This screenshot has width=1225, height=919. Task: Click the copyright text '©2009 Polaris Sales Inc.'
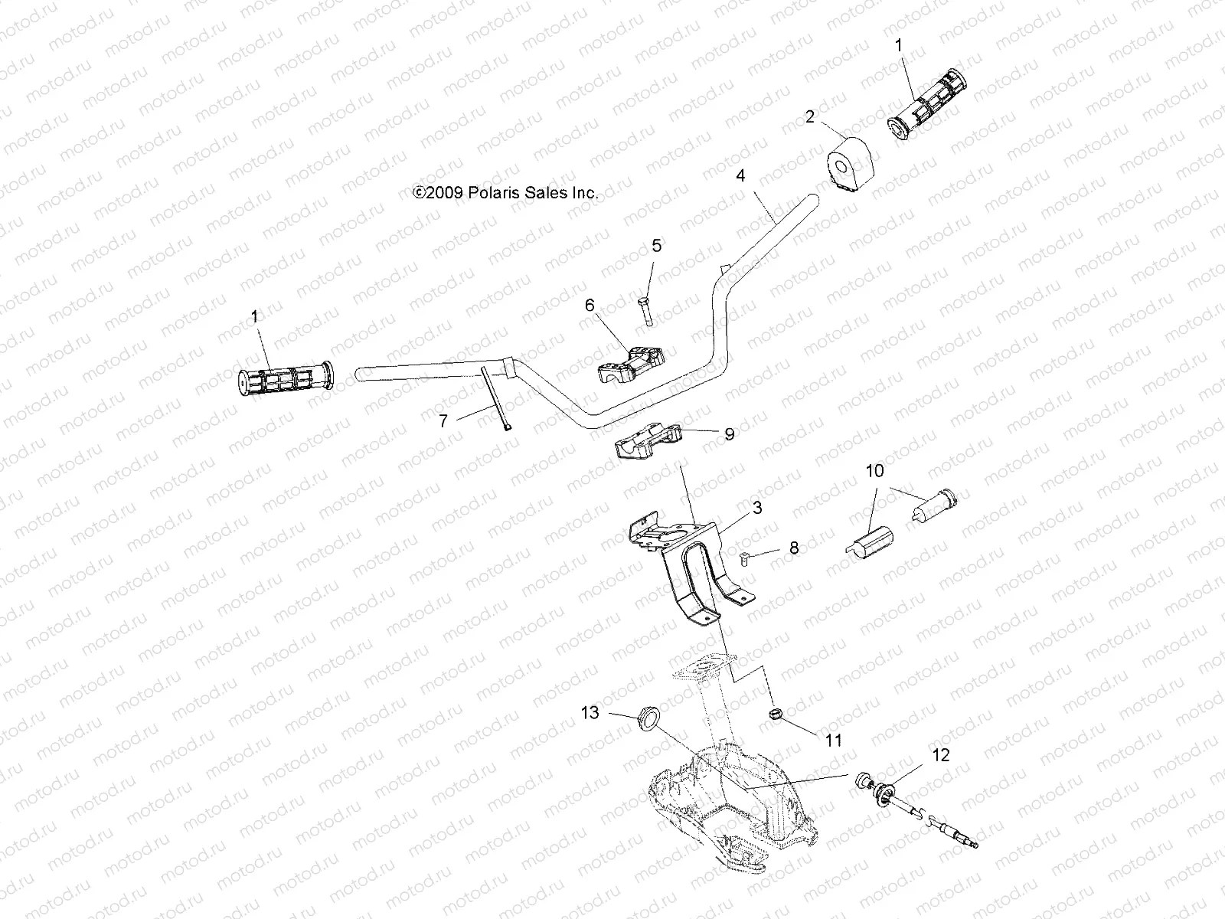(x=505, y=194)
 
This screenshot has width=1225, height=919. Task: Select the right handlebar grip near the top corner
(x=926, y=105)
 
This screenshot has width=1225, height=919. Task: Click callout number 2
(x=809, y=116)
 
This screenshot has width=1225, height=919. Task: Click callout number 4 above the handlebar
(x=740, y=175)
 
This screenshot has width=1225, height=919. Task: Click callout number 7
(x=443, y=420)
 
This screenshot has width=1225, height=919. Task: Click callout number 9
(x=729, y=434)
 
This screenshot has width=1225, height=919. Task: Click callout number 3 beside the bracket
(x=757, y=507)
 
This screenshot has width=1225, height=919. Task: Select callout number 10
(x=874, y=470)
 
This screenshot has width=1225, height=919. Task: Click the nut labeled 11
(x=775, y=715)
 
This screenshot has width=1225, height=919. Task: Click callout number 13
(x=590, y=713)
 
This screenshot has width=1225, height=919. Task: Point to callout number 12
(x=940, y=755)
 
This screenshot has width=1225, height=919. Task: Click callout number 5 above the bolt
(x=657, y=246)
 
